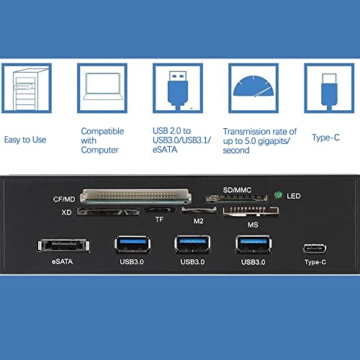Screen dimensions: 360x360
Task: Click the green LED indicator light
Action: pos(279,195)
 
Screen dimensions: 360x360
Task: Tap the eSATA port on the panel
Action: pos(63,246)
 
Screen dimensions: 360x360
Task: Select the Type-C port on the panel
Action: pos(315,248)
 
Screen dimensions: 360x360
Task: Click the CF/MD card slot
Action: pos(136,195)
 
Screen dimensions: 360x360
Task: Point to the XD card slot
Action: pos(108,212)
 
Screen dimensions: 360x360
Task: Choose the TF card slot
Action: pos(160,210)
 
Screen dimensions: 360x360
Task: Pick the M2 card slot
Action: pos(199,210)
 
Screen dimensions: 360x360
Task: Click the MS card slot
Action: pos(251,212)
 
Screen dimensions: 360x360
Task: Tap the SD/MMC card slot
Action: pos(237,198)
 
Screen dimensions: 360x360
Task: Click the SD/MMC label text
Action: pos(237,190)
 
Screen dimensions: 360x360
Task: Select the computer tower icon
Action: pos(27,89)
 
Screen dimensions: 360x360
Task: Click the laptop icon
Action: pos(103,86)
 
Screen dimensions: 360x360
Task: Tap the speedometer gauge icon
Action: pos(253,86)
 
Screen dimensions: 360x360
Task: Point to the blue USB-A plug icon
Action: pos(178,91)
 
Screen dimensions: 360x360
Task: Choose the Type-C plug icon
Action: pos(329,92)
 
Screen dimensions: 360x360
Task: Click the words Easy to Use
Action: pos(25,140)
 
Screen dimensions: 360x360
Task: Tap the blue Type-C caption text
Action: pos(325,138)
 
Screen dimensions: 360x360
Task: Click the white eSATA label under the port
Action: pos(62,261)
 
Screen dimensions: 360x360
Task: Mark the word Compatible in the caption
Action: pos(102,131)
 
